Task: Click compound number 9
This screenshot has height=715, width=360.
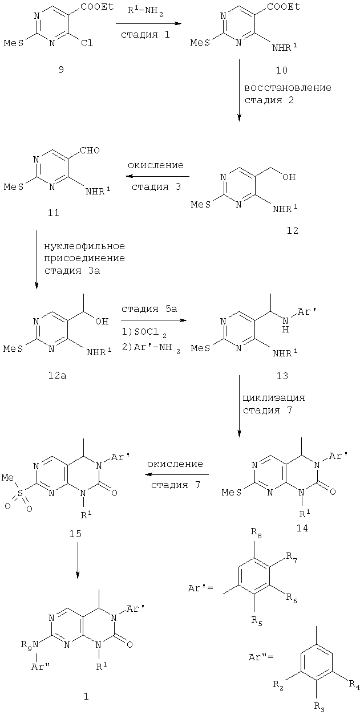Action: (61, 69)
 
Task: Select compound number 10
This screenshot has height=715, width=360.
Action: (281, 70)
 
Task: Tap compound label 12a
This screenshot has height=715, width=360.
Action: (57, 376)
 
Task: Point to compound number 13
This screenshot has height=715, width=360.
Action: (282, 376)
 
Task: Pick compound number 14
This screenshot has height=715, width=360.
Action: (302, 529)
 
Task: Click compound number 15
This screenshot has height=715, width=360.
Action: (75, 533)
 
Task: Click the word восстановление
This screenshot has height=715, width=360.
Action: (288, 87)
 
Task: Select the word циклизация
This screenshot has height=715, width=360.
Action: (274, 398)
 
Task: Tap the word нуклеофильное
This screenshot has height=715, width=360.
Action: (84, 246)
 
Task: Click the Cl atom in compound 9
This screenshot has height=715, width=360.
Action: (87, 43)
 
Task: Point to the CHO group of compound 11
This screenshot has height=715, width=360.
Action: (90, 150)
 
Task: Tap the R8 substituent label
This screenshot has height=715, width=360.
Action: (256, 533)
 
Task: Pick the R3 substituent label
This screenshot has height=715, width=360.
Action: (319, 706)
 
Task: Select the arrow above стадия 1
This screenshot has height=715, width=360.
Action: (148, 23)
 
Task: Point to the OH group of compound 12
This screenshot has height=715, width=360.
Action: (289, 177)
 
